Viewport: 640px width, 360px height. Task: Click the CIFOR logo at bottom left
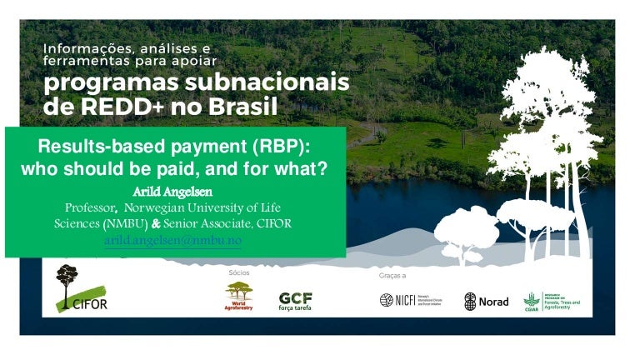(x=80, y=288)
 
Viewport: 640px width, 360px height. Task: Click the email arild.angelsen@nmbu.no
(x=172, y=240)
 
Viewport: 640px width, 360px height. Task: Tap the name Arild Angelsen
(x=172, y=192)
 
